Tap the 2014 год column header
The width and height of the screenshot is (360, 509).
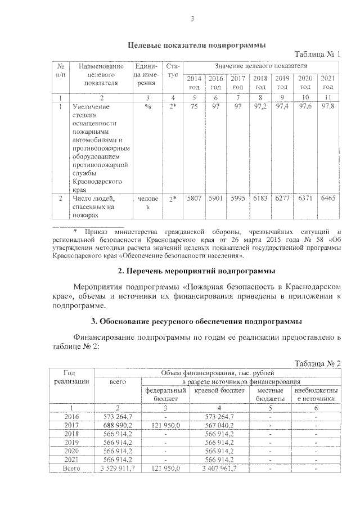(193, 83)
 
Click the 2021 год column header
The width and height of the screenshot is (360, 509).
(328, 83)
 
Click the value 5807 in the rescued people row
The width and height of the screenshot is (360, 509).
(193, 199)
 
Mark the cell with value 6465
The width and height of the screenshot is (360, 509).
(328, 199)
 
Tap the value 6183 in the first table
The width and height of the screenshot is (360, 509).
(260, 199)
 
